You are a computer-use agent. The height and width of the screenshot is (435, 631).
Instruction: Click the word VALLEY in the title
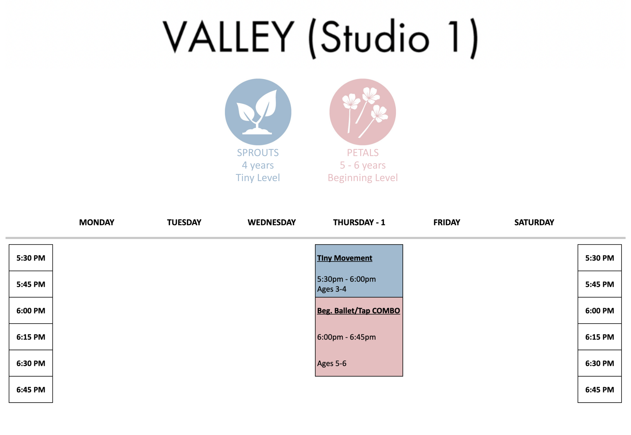coord(228,37)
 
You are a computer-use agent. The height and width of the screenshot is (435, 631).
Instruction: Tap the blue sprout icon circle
coord(258,112)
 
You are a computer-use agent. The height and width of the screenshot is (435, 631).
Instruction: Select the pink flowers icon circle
coord(362,112)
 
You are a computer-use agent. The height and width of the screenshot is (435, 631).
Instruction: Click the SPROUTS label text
coord(258,153)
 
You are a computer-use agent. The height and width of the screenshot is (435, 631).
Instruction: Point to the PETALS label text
coord(362,153)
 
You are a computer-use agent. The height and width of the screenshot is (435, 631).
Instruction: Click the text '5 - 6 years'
coord(362,165)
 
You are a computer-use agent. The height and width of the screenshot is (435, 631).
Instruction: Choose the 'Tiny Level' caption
coord(258,178)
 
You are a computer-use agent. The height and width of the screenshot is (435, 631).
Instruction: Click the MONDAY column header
coord(97,222)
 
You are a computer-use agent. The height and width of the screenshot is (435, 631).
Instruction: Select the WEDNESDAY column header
coord(272,222)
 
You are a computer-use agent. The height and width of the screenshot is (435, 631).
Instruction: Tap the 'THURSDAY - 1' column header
coord(359,222)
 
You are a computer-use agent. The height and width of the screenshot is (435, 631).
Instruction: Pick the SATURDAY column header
coord(534,222)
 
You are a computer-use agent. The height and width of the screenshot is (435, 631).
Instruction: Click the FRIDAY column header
coord(446,222)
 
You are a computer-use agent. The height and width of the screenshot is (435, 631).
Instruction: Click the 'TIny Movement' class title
coord(344,258)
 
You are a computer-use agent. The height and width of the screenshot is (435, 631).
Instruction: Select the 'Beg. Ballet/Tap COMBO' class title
coord(358,311)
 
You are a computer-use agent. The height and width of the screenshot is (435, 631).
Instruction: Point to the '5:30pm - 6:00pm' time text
coord(346,279)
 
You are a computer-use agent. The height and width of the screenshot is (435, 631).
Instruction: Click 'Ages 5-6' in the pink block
coord(332,363)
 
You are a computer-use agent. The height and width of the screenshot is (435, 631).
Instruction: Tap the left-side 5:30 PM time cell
coord(31,258)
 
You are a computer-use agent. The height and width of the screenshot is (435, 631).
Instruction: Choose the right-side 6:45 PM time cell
coord(599,390)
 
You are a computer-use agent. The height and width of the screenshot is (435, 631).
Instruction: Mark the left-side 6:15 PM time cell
coord(31,337)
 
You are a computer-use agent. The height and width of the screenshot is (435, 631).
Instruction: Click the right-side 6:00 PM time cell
coord(599,311)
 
